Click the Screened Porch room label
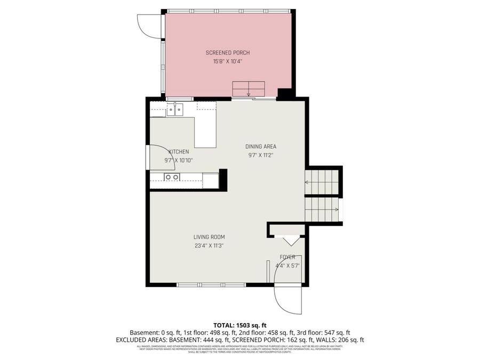228,53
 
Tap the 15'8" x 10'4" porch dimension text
228,61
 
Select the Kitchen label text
179,152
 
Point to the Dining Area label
260,147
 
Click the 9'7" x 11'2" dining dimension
260,155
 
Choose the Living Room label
209,237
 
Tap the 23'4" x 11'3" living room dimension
209,246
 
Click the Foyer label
287,257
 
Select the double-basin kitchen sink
174,109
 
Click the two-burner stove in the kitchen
172,177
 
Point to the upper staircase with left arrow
322,182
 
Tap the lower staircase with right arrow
322,209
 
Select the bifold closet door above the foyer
291,241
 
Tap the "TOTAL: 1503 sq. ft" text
239,325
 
